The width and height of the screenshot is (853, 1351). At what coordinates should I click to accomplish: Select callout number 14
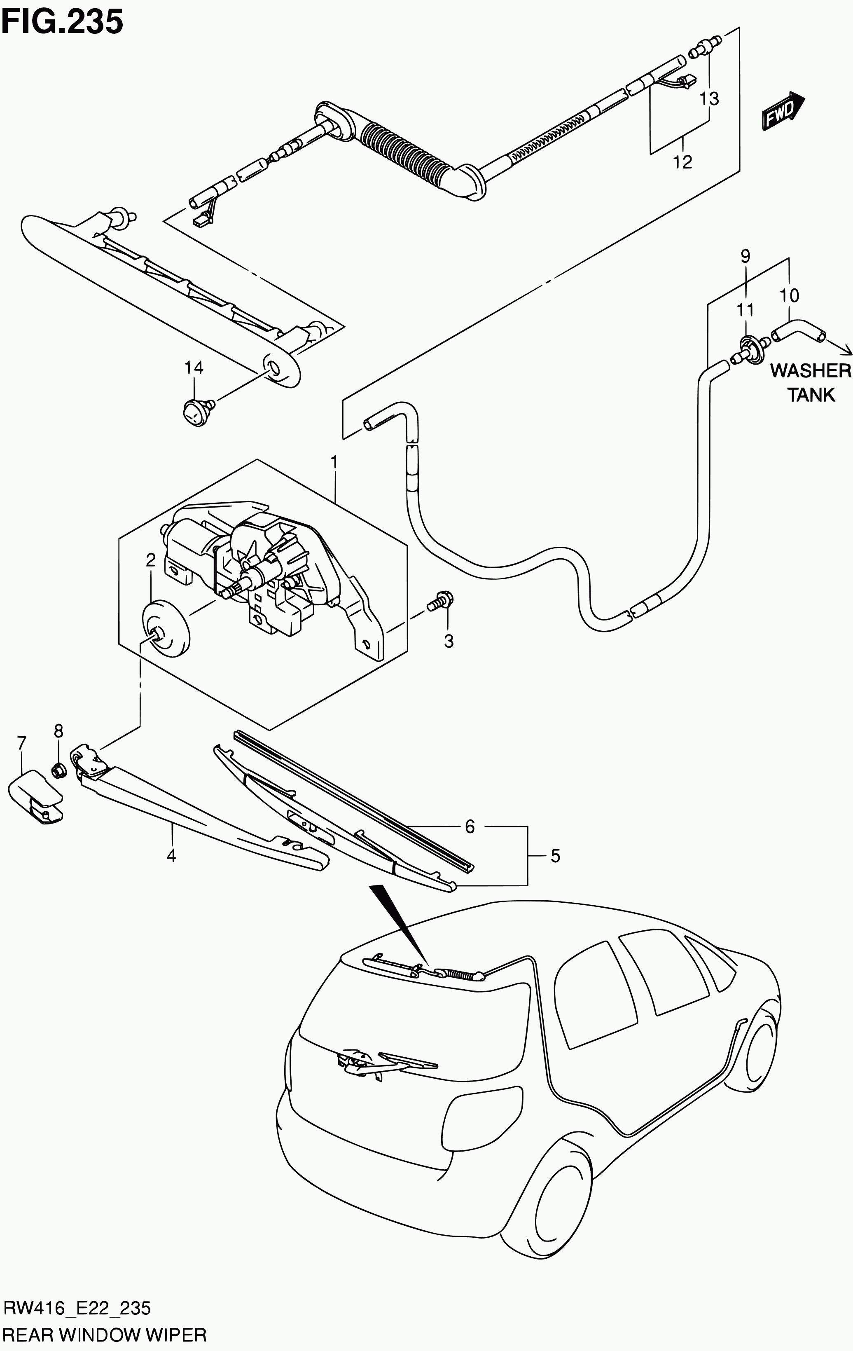194,368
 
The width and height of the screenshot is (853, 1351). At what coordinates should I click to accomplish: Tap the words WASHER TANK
811,383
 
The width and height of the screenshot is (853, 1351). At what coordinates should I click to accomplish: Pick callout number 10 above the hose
789,295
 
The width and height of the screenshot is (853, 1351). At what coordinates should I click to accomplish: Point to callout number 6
470,827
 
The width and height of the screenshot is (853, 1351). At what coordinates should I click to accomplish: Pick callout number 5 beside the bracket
555,856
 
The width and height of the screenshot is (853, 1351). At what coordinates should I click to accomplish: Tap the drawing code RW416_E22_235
77,1308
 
